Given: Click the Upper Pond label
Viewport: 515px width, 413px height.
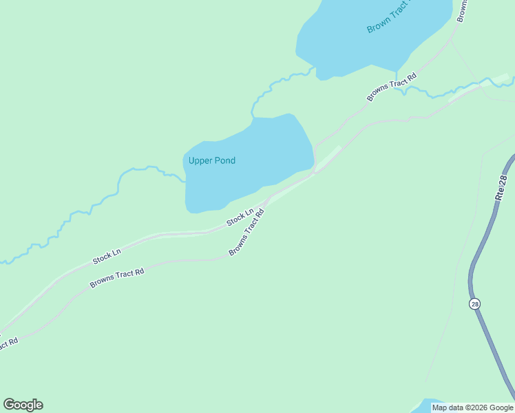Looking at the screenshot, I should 212,161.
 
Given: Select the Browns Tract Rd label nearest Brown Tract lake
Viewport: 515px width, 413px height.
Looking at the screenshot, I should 392,87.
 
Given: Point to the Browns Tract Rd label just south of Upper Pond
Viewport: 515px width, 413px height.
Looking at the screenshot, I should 247,233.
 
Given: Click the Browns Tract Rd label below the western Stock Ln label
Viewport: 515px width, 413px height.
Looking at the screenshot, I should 116,278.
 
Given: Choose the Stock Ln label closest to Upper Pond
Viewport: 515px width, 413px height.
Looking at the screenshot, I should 241,217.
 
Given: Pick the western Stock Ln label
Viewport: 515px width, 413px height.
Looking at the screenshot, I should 107,257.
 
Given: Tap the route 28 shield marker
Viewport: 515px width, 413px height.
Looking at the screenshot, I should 474,304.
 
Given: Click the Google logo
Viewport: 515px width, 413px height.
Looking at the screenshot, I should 23,405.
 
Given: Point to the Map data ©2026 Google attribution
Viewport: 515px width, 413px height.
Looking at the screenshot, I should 472,407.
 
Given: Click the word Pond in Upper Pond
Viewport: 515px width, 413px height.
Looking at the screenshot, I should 224,161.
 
